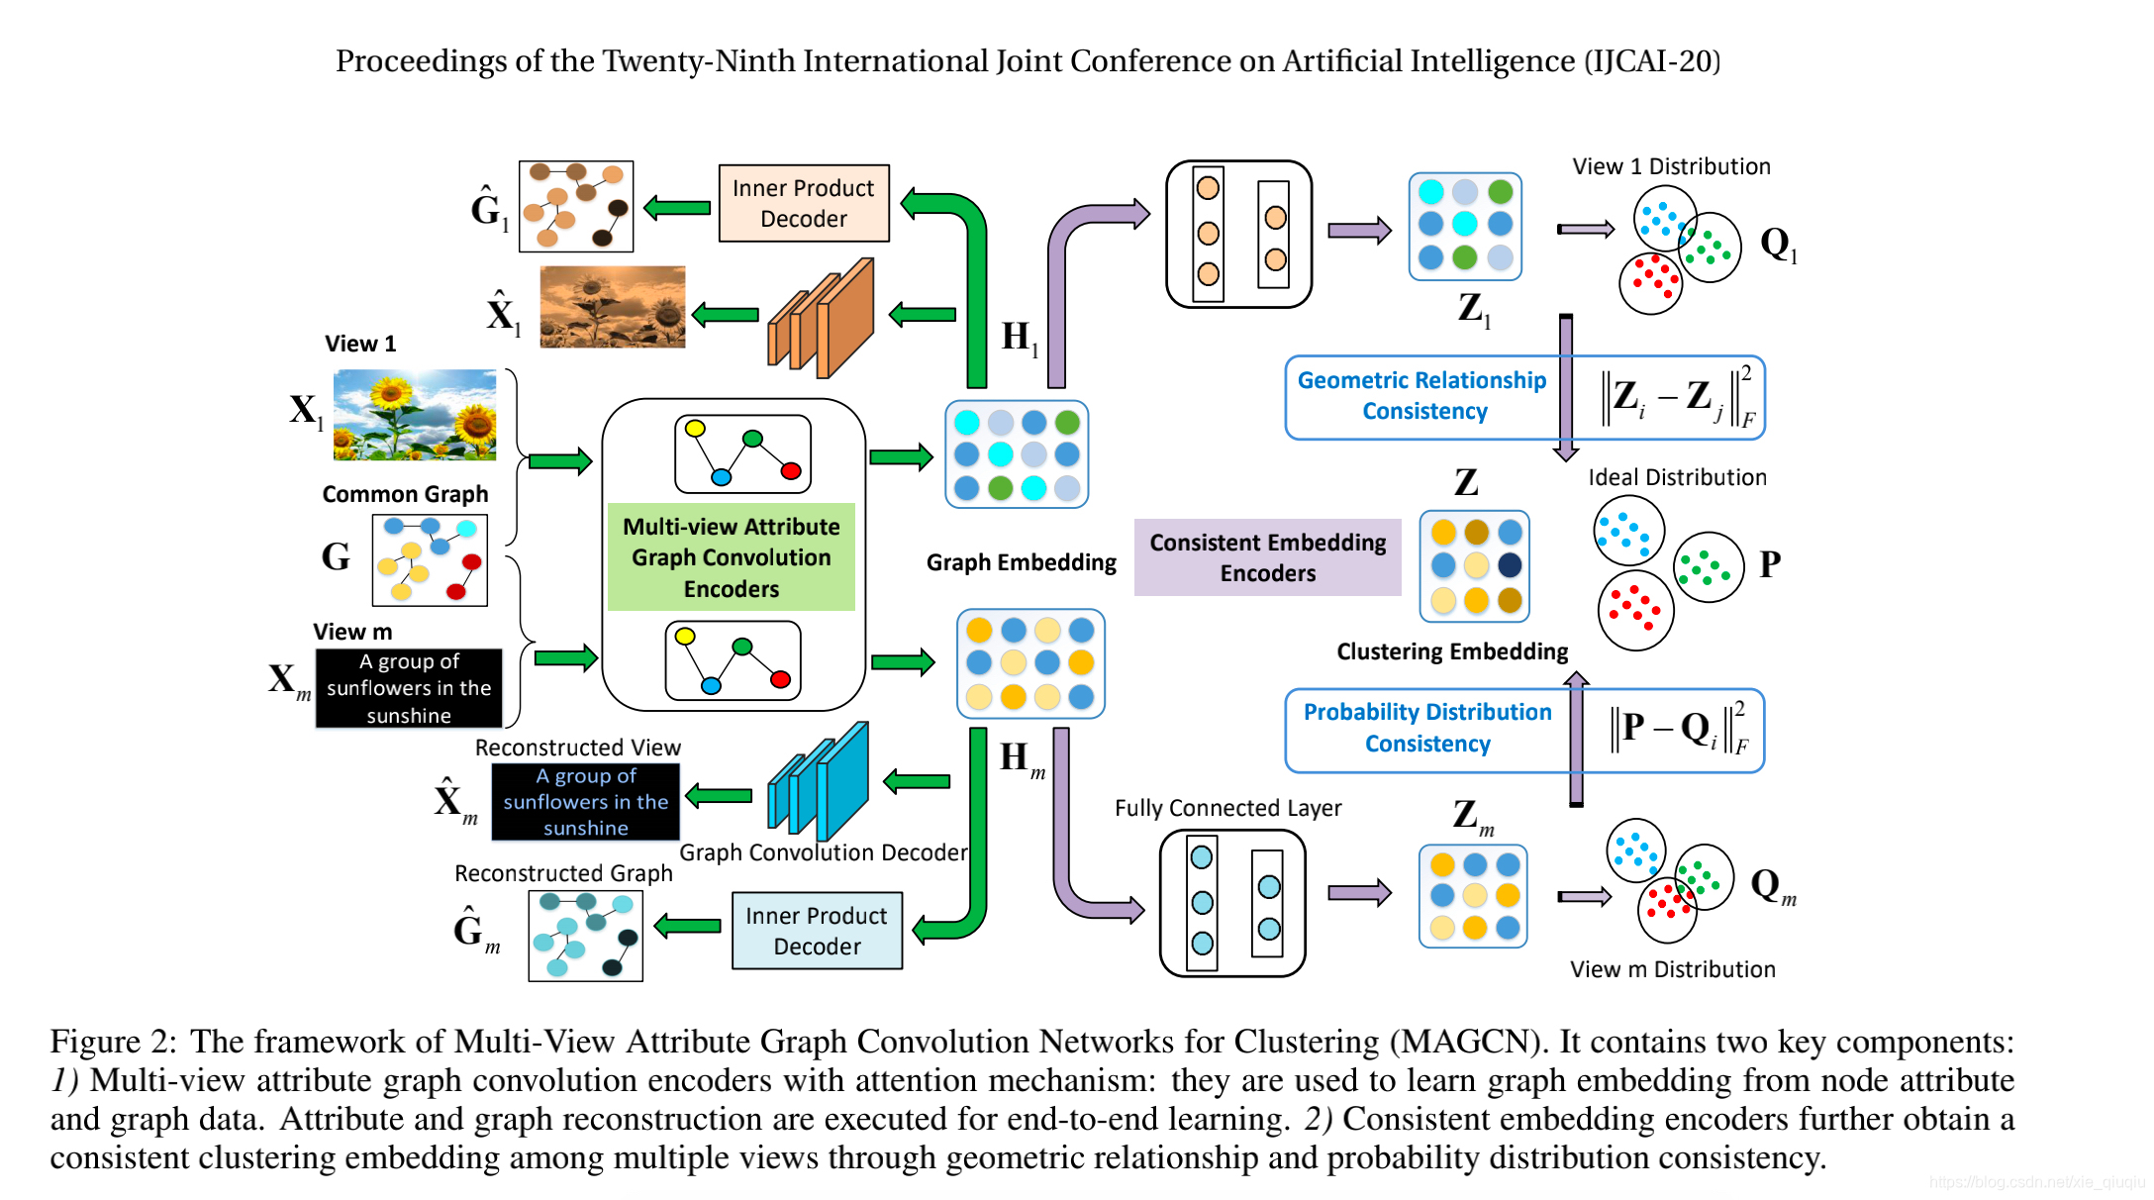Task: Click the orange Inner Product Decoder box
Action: point(803,203)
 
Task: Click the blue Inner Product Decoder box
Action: point(816,931)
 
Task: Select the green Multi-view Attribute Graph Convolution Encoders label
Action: point(731,557)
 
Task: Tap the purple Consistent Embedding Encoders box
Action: point(1267,557)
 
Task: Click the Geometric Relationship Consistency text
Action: point(1421,395)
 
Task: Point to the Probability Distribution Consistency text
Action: point(1426,728)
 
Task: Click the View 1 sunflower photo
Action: point(415,415)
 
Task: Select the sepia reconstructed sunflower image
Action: point(612,306)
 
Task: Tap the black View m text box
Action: point(409,688)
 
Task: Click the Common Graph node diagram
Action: point(430,559)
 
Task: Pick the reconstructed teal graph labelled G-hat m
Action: point(585,936)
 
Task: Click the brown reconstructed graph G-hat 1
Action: point(576,206)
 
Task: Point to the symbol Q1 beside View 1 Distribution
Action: point(1777,244)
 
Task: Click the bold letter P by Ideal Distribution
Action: point(1769,564)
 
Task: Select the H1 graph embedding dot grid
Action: point(1017,454)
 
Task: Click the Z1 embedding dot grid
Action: point(1465,226)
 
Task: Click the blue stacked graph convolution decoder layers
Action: point(819,783)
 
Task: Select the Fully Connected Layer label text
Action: point(1227,808)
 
